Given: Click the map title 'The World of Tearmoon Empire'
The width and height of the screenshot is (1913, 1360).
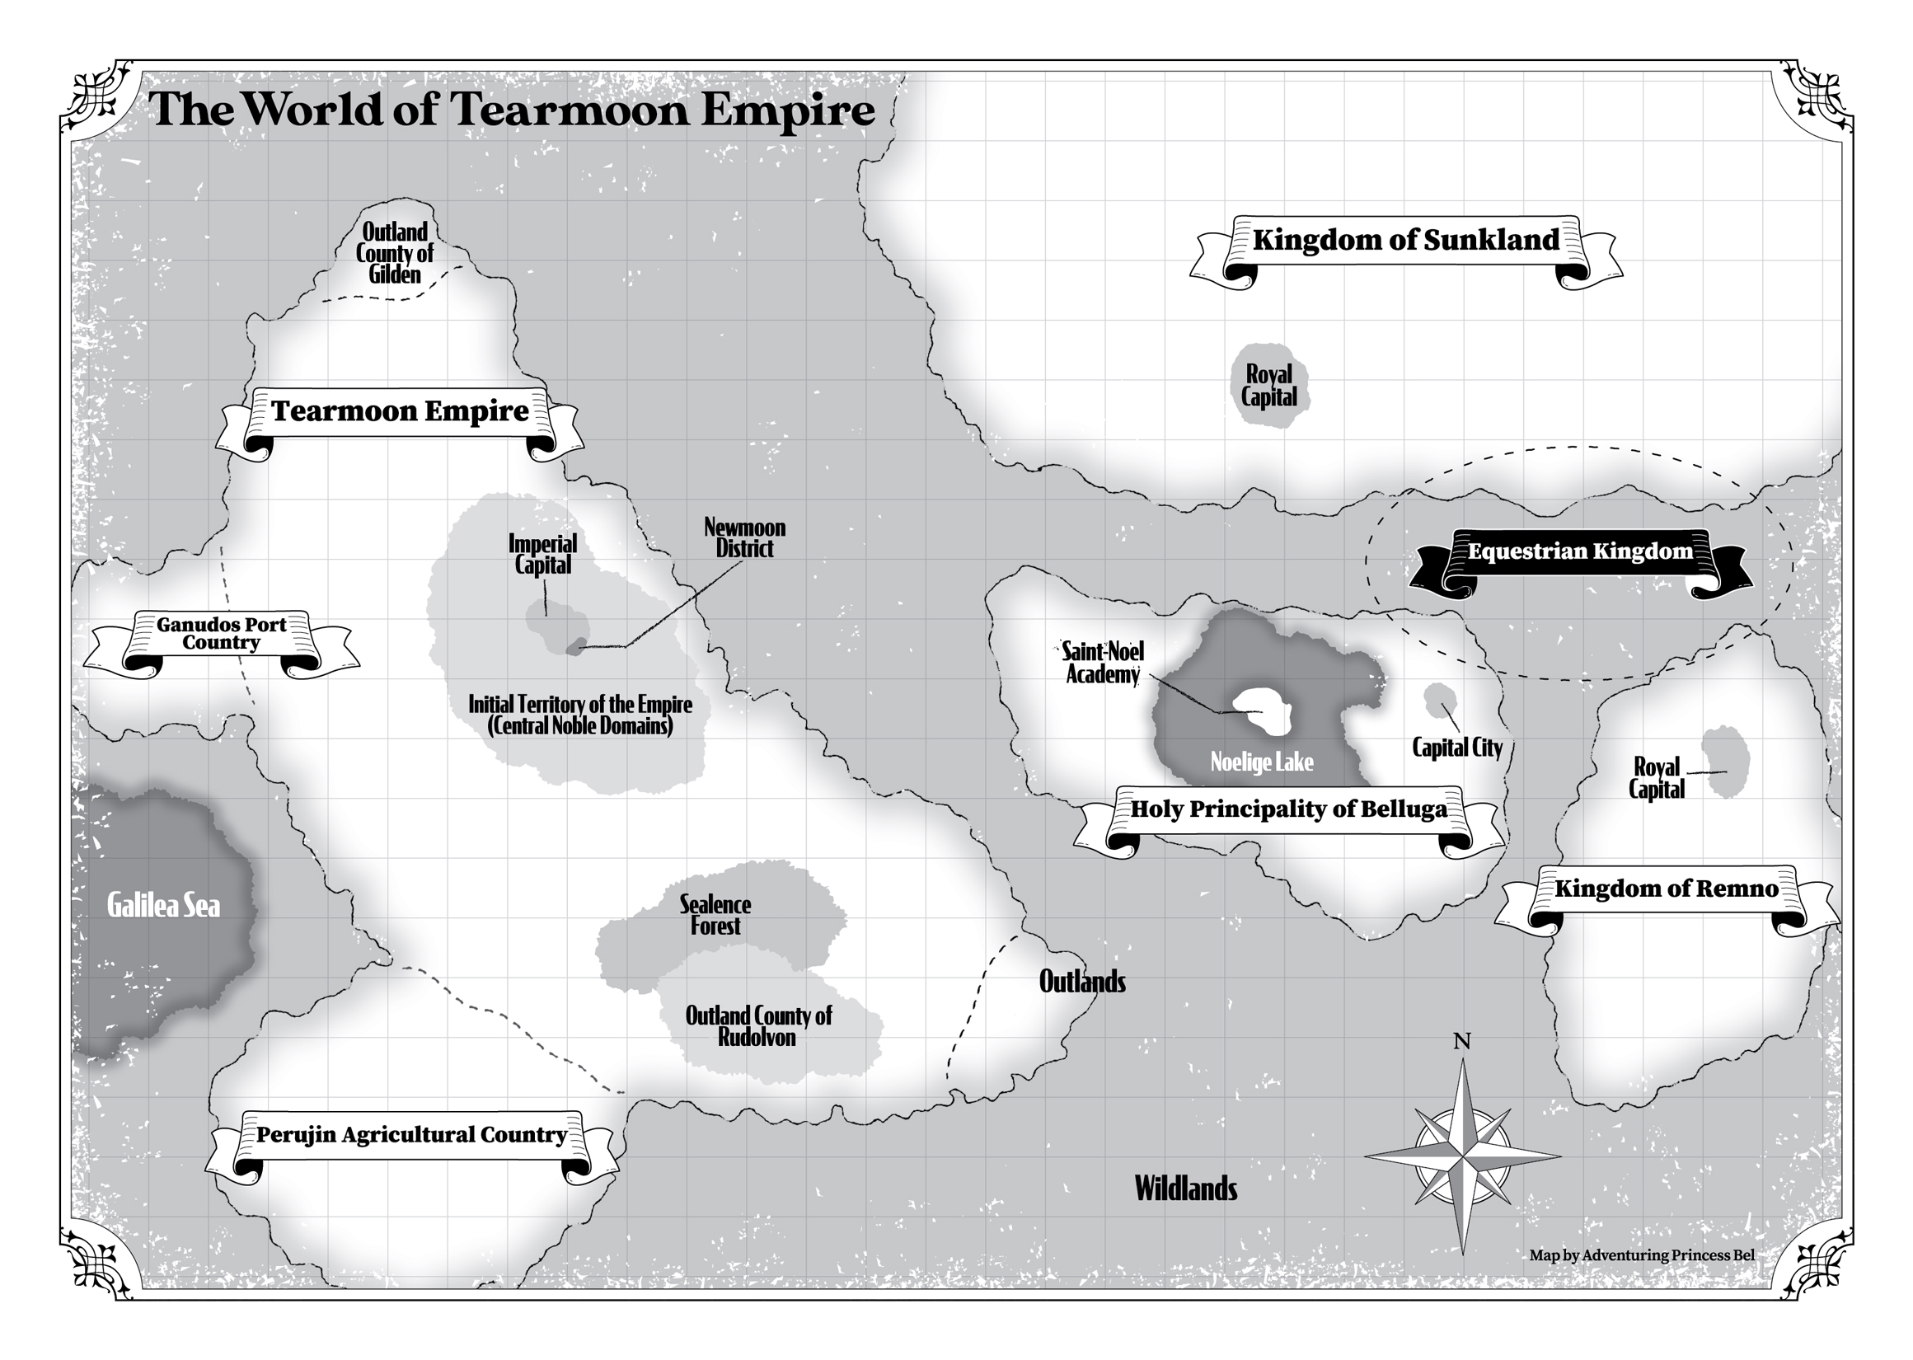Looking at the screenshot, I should click(512, 110).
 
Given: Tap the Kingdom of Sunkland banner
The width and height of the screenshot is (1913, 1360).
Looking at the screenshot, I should click(1405, 241).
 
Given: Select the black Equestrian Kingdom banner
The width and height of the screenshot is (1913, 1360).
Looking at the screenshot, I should click(1580, 552).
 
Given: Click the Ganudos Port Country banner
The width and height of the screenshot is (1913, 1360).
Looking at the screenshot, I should click(222, 634).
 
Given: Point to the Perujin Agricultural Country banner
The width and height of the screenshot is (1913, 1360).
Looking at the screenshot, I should click(411, 1136).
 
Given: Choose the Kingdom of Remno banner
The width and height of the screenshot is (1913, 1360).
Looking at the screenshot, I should click(1666, 889).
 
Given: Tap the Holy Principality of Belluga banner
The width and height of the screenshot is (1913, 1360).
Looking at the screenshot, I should click(1288, 809).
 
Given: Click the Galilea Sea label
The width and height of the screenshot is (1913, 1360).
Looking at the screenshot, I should click(164, 906).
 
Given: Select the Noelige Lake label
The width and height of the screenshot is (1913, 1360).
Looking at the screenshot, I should click(1262, 762).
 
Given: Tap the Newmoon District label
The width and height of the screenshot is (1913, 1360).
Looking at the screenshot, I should click(744, 538).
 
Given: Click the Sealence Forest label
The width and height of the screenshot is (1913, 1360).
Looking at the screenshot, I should click(715, 915).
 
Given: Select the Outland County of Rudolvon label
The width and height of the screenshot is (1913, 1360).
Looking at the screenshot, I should click(757, 1027).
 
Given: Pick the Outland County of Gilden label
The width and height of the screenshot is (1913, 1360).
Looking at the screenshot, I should click(394, 253).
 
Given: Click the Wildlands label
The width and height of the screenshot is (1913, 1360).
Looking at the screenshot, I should click(1185, 1189).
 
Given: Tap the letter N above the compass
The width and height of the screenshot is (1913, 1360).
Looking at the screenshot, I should click(1462, 1042).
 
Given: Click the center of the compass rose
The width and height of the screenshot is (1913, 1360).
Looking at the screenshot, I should click(1463, 1157).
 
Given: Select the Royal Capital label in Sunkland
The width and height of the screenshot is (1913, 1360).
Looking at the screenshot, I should click(1269, 386).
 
